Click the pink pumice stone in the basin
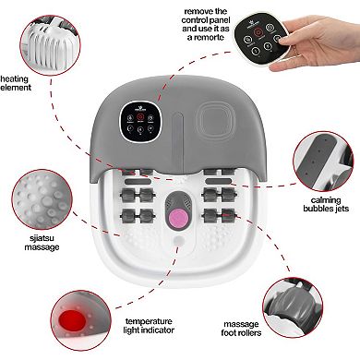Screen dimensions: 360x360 [x=179, y=216]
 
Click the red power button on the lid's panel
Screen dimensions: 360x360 [x=140, y=117]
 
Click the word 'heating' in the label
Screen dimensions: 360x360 [x=14, y=79]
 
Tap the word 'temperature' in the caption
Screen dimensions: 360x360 [x=149, y=321]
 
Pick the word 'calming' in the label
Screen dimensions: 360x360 [x=326, y=200]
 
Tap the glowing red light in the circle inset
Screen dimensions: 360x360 [x=73, y=319]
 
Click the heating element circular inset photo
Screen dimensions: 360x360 [x=50, y=45]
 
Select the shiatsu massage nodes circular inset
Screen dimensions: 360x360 [x=42, y=199]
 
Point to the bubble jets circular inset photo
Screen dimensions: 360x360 [x=324, y=161]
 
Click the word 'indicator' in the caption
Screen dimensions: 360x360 [x=157, y=330]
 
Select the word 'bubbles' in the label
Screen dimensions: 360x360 [x=317, y=209]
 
